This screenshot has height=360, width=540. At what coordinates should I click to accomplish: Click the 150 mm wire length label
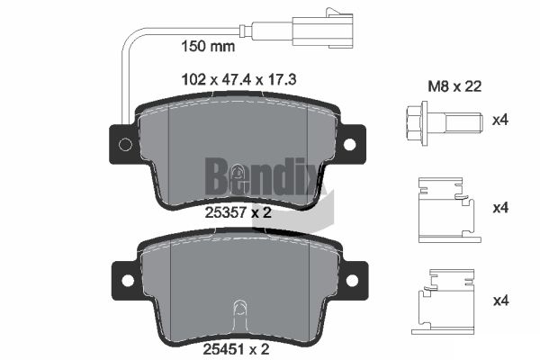[x=208, y=46]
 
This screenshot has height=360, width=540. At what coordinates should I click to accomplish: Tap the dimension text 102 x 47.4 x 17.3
[x=238, y=80]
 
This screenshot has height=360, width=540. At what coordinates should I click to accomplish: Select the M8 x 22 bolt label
[x=454, y=86]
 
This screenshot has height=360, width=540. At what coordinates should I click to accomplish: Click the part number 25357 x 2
[x=238, y=212]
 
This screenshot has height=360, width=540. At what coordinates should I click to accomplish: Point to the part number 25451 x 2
[x=236, y=349]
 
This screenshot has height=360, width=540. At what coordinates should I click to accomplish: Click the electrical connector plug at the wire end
[x=323, y=28]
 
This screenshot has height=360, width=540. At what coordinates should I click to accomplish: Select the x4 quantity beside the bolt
[x=500, y=121]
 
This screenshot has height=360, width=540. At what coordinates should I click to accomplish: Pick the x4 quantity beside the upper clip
[x=500, y=208]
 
